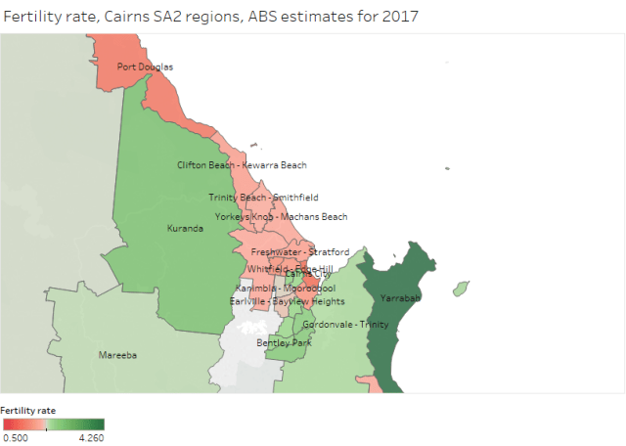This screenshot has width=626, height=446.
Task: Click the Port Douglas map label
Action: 145,67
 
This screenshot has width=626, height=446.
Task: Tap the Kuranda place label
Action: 185,228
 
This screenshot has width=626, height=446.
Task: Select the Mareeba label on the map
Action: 116,356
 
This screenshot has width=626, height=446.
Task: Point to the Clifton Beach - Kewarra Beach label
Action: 242,165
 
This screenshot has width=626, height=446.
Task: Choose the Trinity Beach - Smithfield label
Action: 263,198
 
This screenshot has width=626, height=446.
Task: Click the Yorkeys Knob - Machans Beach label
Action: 281,216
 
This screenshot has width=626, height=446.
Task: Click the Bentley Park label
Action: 284,343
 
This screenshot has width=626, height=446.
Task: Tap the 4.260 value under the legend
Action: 91,437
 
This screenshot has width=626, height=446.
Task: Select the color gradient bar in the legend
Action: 53,424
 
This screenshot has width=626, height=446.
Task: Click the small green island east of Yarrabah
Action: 459,289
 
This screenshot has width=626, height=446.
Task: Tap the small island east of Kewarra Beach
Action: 448,170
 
